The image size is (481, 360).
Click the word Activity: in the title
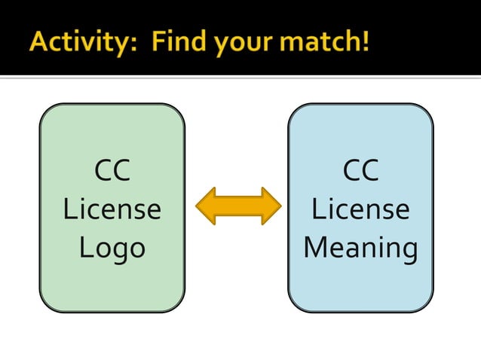click(82, 40)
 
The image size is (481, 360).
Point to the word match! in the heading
click(327, 40)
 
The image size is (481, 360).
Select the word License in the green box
click(112, 209)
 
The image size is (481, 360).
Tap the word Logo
click(112, 248)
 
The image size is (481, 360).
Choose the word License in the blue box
click(360, 209)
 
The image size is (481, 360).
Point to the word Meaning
click(360, 248)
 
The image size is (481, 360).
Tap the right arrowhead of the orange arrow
click(270, 206)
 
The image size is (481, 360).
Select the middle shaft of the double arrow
click(238, 206)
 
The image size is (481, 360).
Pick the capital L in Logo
click(86, 246)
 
